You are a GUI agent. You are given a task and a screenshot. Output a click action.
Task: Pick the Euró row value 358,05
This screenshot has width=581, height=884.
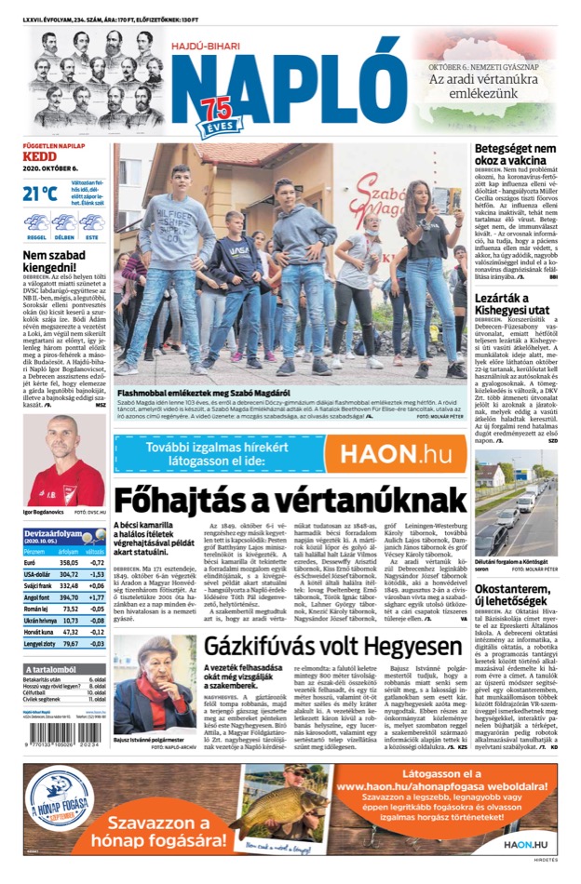68,563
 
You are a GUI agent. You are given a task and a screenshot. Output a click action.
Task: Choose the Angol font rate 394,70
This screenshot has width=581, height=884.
68,597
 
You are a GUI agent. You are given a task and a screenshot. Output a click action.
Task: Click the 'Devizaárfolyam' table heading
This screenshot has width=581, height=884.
52,533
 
